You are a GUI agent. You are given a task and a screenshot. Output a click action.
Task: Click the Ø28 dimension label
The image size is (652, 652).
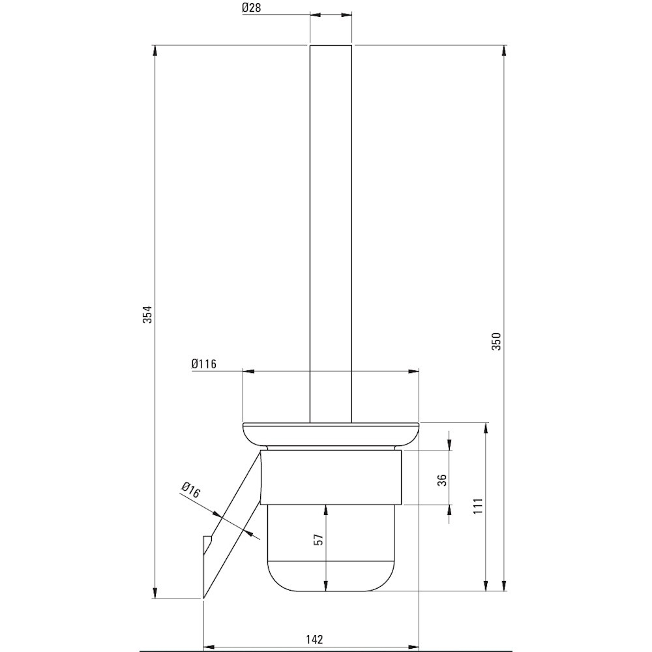pos(251,7)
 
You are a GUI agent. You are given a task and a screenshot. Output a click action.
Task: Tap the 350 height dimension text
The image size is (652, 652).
pos(497,341)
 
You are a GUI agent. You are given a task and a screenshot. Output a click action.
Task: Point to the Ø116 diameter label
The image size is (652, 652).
pos(204,364)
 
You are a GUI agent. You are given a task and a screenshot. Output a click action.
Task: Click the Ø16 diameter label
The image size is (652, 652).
pos(191,490)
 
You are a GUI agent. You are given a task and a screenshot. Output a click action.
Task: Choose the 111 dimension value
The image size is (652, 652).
pos(478,506)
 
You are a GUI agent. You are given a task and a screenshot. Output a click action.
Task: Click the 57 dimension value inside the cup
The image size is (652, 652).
pos(318,539)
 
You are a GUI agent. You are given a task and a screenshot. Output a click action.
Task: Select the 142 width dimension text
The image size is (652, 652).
pos(314,639)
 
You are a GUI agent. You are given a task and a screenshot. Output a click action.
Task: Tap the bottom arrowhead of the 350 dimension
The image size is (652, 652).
pos(504,585)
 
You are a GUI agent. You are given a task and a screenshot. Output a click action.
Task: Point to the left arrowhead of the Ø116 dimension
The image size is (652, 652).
pos(248,372)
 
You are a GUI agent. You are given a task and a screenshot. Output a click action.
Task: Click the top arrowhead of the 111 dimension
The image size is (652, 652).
pos(485,429)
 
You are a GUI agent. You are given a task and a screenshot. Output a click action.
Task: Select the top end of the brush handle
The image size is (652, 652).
pos(331,45)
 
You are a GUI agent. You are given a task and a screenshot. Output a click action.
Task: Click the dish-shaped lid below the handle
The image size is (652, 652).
pos(331,436)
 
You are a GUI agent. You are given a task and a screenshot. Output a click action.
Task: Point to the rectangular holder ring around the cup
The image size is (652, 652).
pos(331,477)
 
